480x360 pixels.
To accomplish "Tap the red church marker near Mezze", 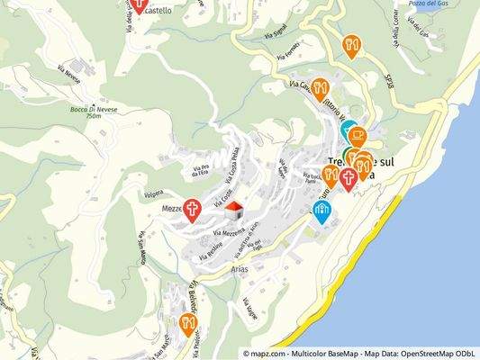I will pos(193,210).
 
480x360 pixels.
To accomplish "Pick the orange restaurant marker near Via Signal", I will pos(351,46).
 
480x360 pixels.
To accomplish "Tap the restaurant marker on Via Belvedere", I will pos(188,324).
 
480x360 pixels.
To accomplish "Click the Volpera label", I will pos(152,193).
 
